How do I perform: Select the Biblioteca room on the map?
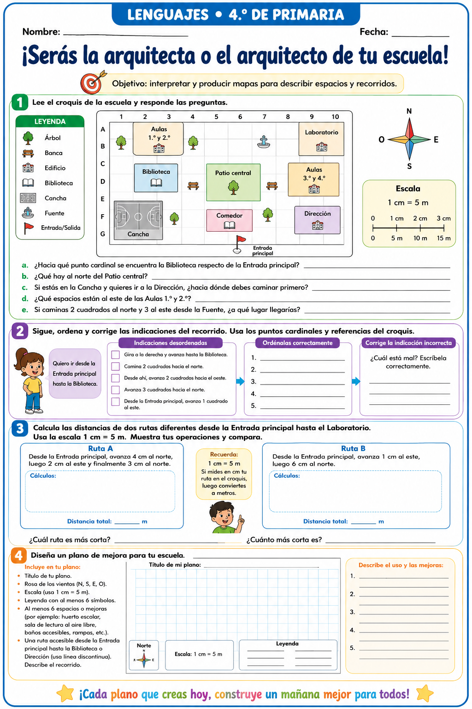click(x=156, y=178)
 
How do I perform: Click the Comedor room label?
click(x=229, y=216)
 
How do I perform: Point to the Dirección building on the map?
click(x=318, y=220)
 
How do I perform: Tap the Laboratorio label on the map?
click(x=322, y=132)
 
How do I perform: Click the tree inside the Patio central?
click(x=233, y=187)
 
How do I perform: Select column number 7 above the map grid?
click(x=264, y=117)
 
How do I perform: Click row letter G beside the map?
click(x=103, y=234)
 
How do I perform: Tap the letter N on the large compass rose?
click(x=409, y=111)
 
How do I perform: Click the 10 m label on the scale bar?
click(x=420, y=238)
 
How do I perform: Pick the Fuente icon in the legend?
click(x=28, y=213)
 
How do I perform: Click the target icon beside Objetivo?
click(x=92, y=83)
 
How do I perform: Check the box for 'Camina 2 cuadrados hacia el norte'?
click(x=115, y=366)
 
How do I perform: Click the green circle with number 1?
click(x=20, y=102)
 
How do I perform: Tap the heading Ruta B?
click(x=353, y=449)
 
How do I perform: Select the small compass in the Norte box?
click(x=144, y=660)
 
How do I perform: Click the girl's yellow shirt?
click(x=32, y=385)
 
